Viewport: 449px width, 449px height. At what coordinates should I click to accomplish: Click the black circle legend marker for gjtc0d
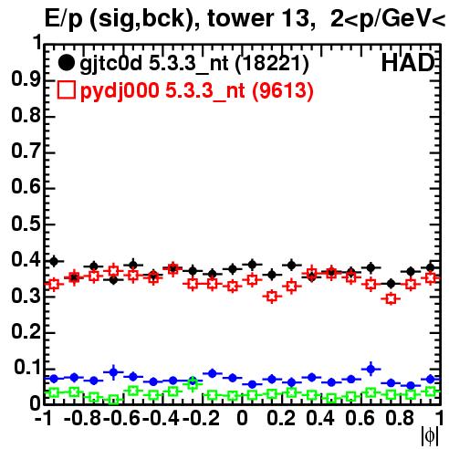pyautogui.click(x=66, y=63)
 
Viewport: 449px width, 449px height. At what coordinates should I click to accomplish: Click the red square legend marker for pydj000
pyautogui.click(x=66, y=90)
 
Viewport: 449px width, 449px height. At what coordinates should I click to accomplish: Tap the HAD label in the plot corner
pyautogui.click(x=408, y=63)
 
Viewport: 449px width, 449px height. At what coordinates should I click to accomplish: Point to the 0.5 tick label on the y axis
pyautogui.click(x=26, y=224)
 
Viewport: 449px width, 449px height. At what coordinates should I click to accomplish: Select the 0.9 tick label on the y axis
pyautogui.click(x=26, y=79)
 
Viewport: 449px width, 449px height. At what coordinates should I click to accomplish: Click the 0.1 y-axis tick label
pyautogui.click(x=26, y=367)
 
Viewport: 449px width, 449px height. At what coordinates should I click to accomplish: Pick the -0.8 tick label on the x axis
pyautogui.click(x=83, y=418)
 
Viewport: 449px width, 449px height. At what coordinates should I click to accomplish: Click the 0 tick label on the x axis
pyautogui.click(x=242, y=418)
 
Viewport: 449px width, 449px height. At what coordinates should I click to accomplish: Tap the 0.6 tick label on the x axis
pyautogui.click(x=360, y=418)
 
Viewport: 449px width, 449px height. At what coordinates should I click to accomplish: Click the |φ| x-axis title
pyautogui.click(x=430, y=436)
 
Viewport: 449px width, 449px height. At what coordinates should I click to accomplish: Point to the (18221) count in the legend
pyautogui.click(x=272, y=64)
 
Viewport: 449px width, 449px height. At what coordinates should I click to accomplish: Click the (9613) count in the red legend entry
pyautogui.click(x=282, y=91)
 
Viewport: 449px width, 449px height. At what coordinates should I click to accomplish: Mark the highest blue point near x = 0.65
pyautogui.click(x=371, y=369)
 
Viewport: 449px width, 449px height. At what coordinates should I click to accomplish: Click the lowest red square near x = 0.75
pyautogui.click(x=391, y=298)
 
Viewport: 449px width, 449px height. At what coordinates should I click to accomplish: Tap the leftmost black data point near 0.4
pyautogui.click(x=54, y=261)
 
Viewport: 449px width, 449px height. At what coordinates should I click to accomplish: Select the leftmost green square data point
pyautogui.click(x=54, y=392)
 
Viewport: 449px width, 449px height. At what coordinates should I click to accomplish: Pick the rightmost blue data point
pyautogui.click(x=431, y=379)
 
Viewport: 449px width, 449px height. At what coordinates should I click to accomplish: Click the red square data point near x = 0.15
pyautogui.click(x=272, y=297)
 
